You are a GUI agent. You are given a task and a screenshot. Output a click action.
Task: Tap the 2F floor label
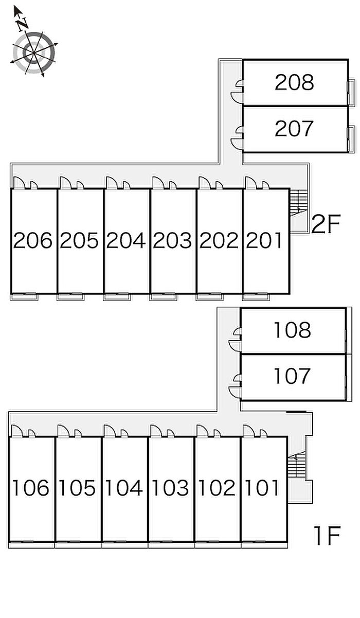tap(326, 225)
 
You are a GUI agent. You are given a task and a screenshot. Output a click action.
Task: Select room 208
tap(294, 82)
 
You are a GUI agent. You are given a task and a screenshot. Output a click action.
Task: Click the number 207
tap(294, 129)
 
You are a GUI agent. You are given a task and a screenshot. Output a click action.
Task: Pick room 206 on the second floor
tap(33, 240)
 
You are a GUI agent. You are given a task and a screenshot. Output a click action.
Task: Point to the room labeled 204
tap(126, 240)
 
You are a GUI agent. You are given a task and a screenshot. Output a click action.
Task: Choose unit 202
tap(219, 240)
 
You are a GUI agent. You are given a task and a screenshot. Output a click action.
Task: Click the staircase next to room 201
tap(297, 203)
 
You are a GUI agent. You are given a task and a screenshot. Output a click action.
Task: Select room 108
tap(292, 330)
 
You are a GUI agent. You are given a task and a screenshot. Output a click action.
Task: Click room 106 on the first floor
tap(31, 488)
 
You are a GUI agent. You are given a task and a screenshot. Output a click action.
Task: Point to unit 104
tap(124, 488)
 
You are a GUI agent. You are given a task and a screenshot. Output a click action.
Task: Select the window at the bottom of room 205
tap(70, 296)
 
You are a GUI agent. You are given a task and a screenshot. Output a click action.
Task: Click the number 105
tap(77, 488)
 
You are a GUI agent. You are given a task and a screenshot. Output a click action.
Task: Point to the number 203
tap(173, 240)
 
